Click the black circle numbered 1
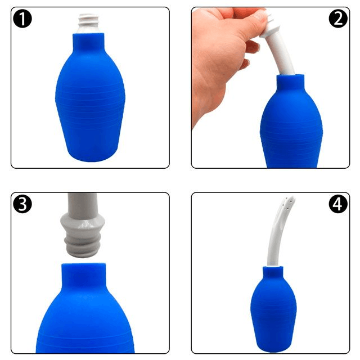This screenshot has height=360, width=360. [22, 19]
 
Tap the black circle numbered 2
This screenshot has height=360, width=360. [338, 19]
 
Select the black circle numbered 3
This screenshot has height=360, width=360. [22, 204]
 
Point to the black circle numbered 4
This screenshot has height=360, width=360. [338, 204]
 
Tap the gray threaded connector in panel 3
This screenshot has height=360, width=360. [83, 245]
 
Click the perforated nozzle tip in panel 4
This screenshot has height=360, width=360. [288, 202]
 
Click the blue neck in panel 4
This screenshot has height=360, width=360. [273, 272]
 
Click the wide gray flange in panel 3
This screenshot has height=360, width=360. [83, 222]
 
